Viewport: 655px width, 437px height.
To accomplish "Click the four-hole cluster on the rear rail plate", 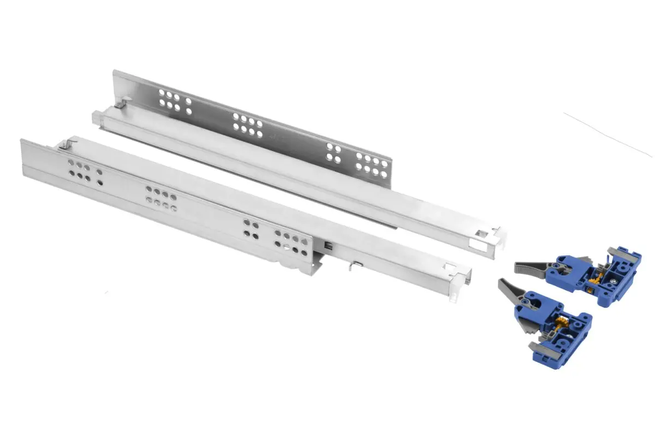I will pos(334,153).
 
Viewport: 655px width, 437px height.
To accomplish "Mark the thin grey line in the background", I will pos(606,134).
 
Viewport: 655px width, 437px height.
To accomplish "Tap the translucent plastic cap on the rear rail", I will pos(97,116).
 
